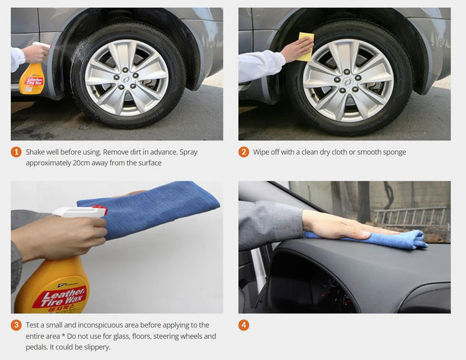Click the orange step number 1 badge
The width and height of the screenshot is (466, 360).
[x=16, y=152]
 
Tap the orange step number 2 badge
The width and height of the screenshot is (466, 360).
[x=244, y=152]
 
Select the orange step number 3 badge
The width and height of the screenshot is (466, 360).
[x=16, y=325]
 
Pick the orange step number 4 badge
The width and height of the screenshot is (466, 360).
[x=244, y=325]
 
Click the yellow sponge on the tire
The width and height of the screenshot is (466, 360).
[x=306, y=47]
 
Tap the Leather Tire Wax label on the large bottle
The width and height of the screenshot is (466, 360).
[x=60, y=298]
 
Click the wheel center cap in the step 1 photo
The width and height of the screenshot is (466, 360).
[x=126, y=79]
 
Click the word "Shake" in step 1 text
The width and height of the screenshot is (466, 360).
[x=34, y=152]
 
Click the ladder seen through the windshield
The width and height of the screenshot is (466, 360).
[x=411, y=215]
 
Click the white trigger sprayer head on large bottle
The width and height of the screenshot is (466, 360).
[x=80, y=211]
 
